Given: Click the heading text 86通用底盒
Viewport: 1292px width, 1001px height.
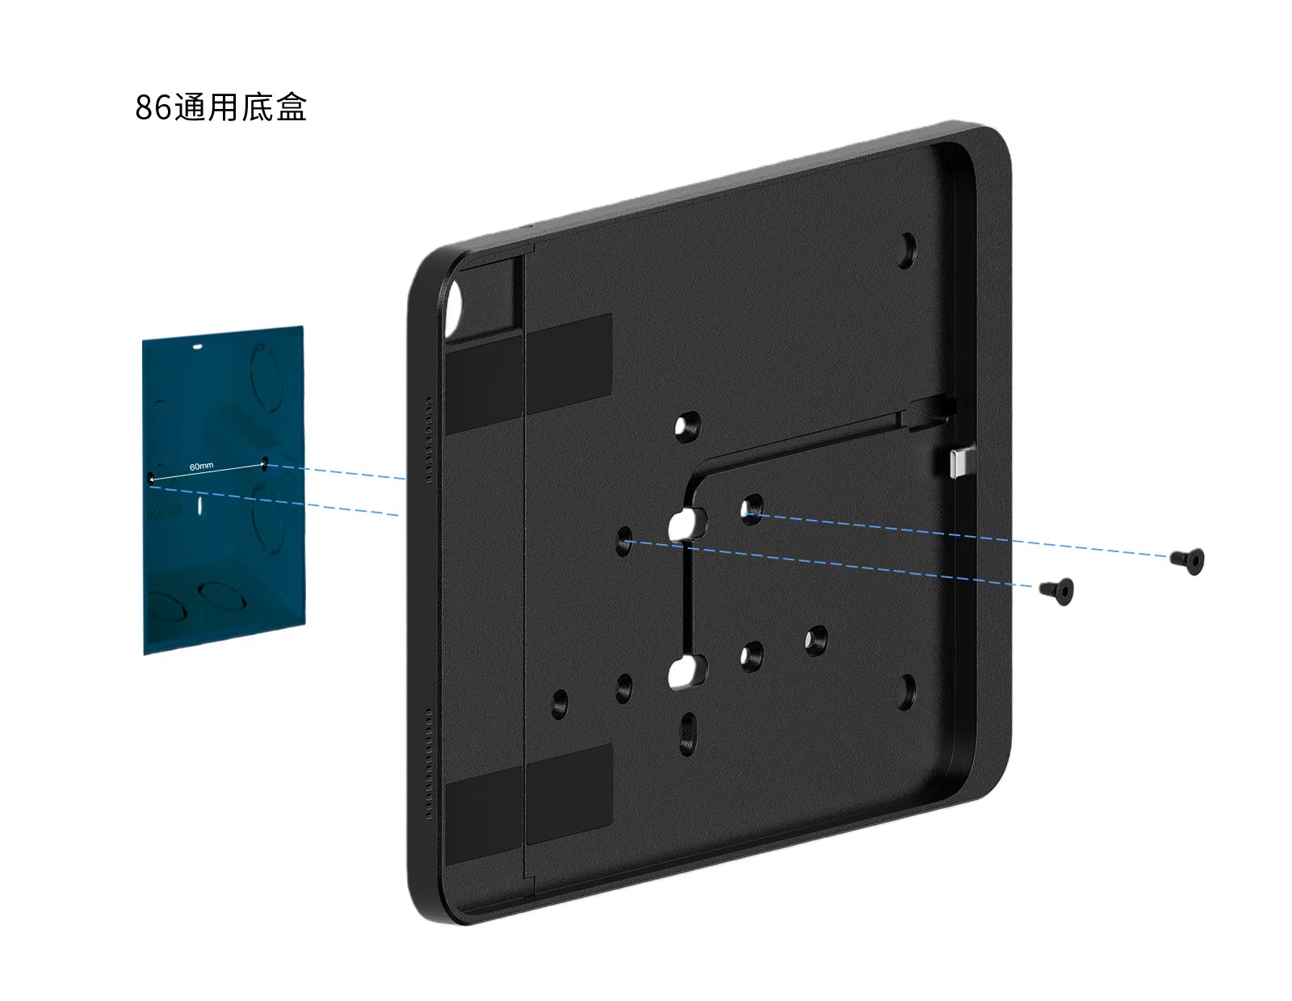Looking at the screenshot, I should point(220,107).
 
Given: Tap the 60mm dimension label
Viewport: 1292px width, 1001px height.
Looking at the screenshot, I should point(201,467).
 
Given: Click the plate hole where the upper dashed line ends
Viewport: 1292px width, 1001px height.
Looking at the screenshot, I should point(752,509).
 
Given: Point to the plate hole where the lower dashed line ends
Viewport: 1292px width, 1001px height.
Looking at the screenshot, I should point(625,541).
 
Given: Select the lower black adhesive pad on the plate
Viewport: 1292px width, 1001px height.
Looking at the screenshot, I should point(528,799).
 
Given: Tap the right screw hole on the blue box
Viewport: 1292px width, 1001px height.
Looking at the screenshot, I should point(264,463).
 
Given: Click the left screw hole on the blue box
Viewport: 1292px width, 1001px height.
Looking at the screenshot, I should point(150,478).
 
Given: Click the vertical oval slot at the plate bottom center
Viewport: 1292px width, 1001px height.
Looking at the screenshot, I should point(688,731).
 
